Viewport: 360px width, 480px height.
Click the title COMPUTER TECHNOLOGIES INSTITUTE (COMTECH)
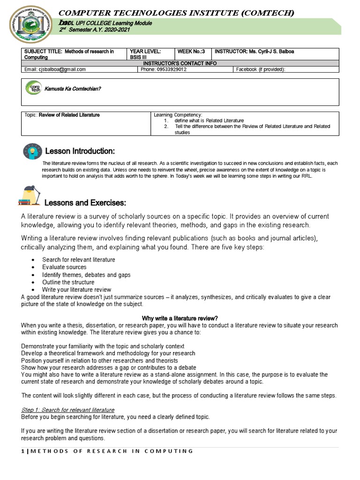pos(176,13)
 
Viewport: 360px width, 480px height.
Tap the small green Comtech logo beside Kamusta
pos(34,88)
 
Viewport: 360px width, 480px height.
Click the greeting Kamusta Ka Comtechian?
pos(73,89)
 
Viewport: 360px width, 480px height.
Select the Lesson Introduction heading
pos(79,151)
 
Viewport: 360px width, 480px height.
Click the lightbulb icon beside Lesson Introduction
pos(31,151)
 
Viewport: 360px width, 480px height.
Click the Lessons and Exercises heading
pos(85,202)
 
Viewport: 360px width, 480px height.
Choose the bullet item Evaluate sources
pos(64,267)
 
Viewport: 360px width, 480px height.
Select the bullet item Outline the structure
pos(68,282)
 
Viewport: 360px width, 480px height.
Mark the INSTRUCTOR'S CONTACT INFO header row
pos(180,63)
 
